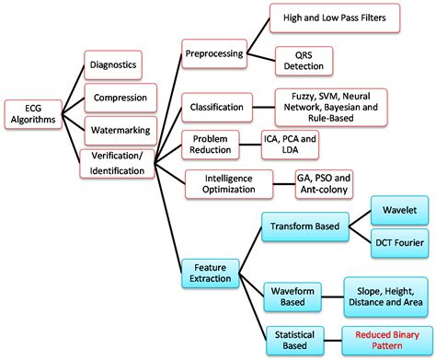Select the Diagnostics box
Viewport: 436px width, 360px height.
(x=113, y=64)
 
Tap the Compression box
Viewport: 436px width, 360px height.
(x=117, y=96)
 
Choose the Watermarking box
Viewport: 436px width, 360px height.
(x=117, y=127)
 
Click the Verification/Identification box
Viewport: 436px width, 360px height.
(x=117, y=163)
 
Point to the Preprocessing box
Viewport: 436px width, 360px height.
(x=213, y=53)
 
